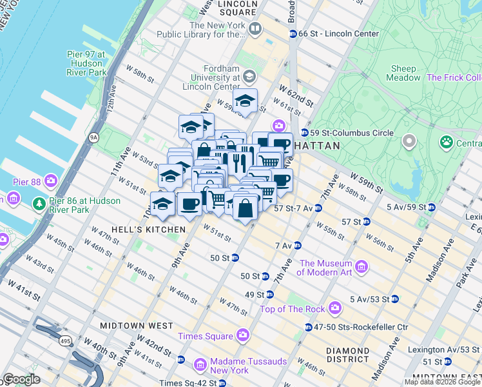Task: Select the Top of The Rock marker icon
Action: tap(334, 308)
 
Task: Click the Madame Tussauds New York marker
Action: tap(200, 366)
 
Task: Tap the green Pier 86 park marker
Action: tap(39, 204)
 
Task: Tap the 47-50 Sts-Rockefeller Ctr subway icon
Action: tap(308, 327)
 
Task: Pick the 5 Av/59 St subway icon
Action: tap(431, 207)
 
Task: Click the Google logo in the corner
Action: tap(21, 379)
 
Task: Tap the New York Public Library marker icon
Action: tap(255, 28)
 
